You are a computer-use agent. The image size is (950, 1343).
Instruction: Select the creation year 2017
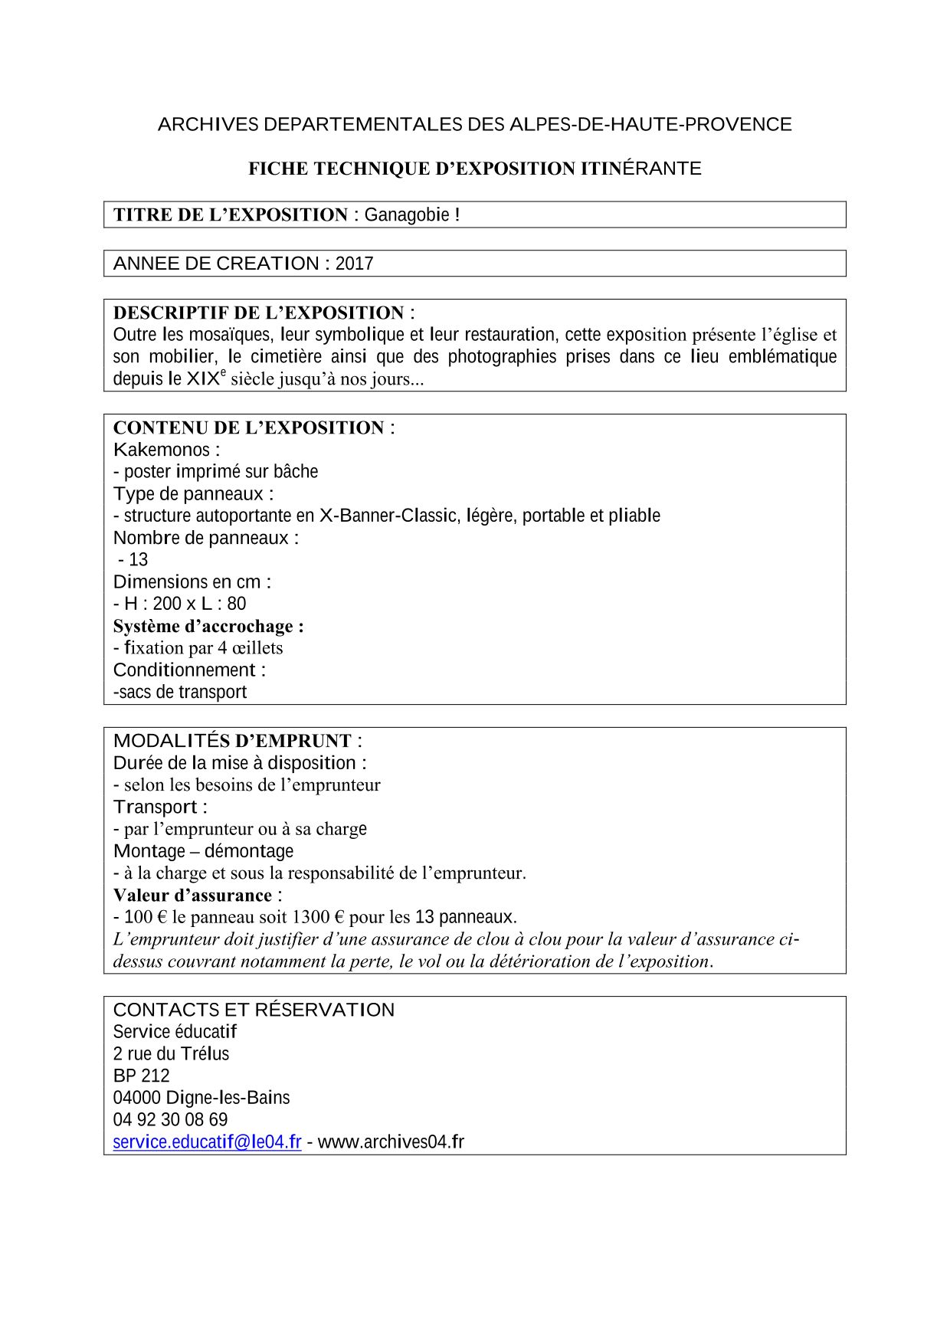coord(354,264)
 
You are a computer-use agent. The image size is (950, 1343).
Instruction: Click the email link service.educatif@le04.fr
coord(207,1142)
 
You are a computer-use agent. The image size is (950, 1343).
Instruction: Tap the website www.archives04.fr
coord(391,1142)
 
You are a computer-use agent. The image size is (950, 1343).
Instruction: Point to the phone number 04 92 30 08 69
coord(170,1119)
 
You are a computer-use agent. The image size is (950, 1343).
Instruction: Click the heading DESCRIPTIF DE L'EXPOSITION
coord(258,313)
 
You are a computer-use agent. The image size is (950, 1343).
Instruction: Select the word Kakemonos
coord(162,450)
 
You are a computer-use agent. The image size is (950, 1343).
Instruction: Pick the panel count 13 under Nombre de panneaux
coord(138,560)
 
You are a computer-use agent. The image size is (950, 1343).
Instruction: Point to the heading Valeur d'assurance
coord(192,895)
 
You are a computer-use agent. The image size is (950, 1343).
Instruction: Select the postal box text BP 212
coord(141,1076)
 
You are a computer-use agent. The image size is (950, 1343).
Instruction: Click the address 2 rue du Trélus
coord(171,1053)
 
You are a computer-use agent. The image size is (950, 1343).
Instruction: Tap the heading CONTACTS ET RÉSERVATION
coord(254,1010)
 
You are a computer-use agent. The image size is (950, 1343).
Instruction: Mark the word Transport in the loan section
coord(156,807)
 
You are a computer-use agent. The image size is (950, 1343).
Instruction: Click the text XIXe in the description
coord(206,378)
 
